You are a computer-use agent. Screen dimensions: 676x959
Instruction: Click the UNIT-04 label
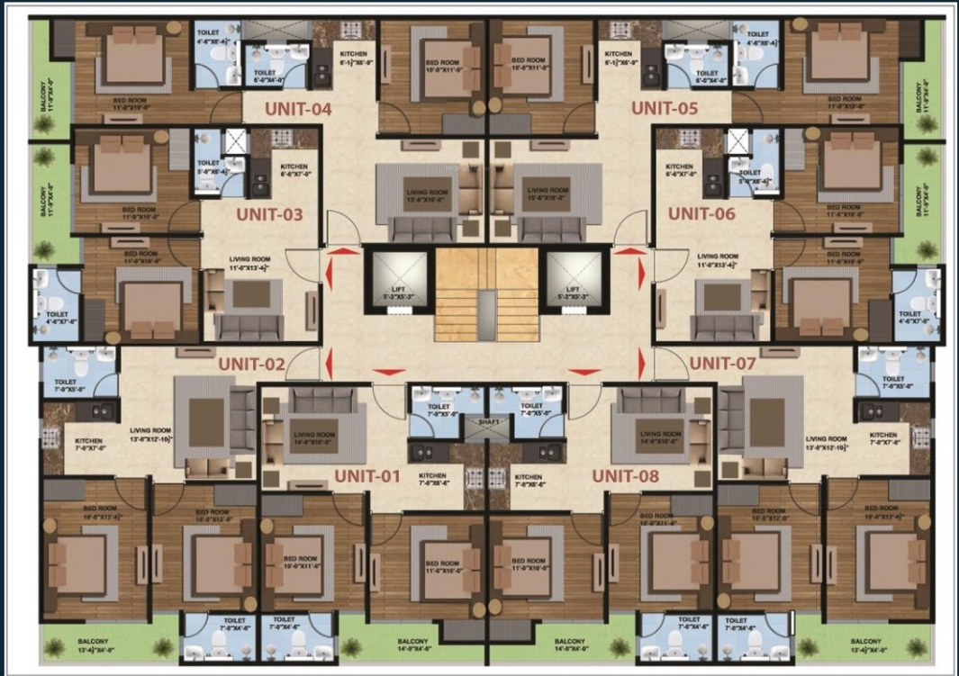point(298,110)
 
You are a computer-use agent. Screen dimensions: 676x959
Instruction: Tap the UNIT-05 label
point(665,108)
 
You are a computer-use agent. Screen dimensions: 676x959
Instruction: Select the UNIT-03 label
point(269,215)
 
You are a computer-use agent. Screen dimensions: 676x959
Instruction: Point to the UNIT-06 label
point(702,214)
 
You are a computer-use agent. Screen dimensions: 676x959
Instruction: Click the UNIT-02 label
point(251,365)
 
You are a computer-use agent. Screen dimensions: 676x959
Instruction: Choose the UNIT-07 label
point(722,364)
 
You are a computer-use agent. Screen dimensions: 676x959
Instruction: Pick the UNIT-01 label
point(366,475)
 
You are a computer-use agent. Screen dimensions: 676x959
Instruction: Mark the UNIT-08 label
point(624,475)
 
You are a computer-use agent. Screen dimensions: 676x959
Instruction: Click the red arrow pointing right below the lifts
point(584,370)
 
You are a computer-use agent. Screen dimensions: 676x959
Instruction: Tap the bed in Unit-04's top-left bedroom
point(132,56)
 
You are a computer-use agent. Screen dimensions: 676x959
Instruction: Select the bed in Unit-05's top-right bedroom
point(840,56)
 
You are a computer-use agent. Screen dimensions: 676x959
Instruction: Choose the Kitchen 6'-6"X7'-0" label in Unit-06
point(680,171)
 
